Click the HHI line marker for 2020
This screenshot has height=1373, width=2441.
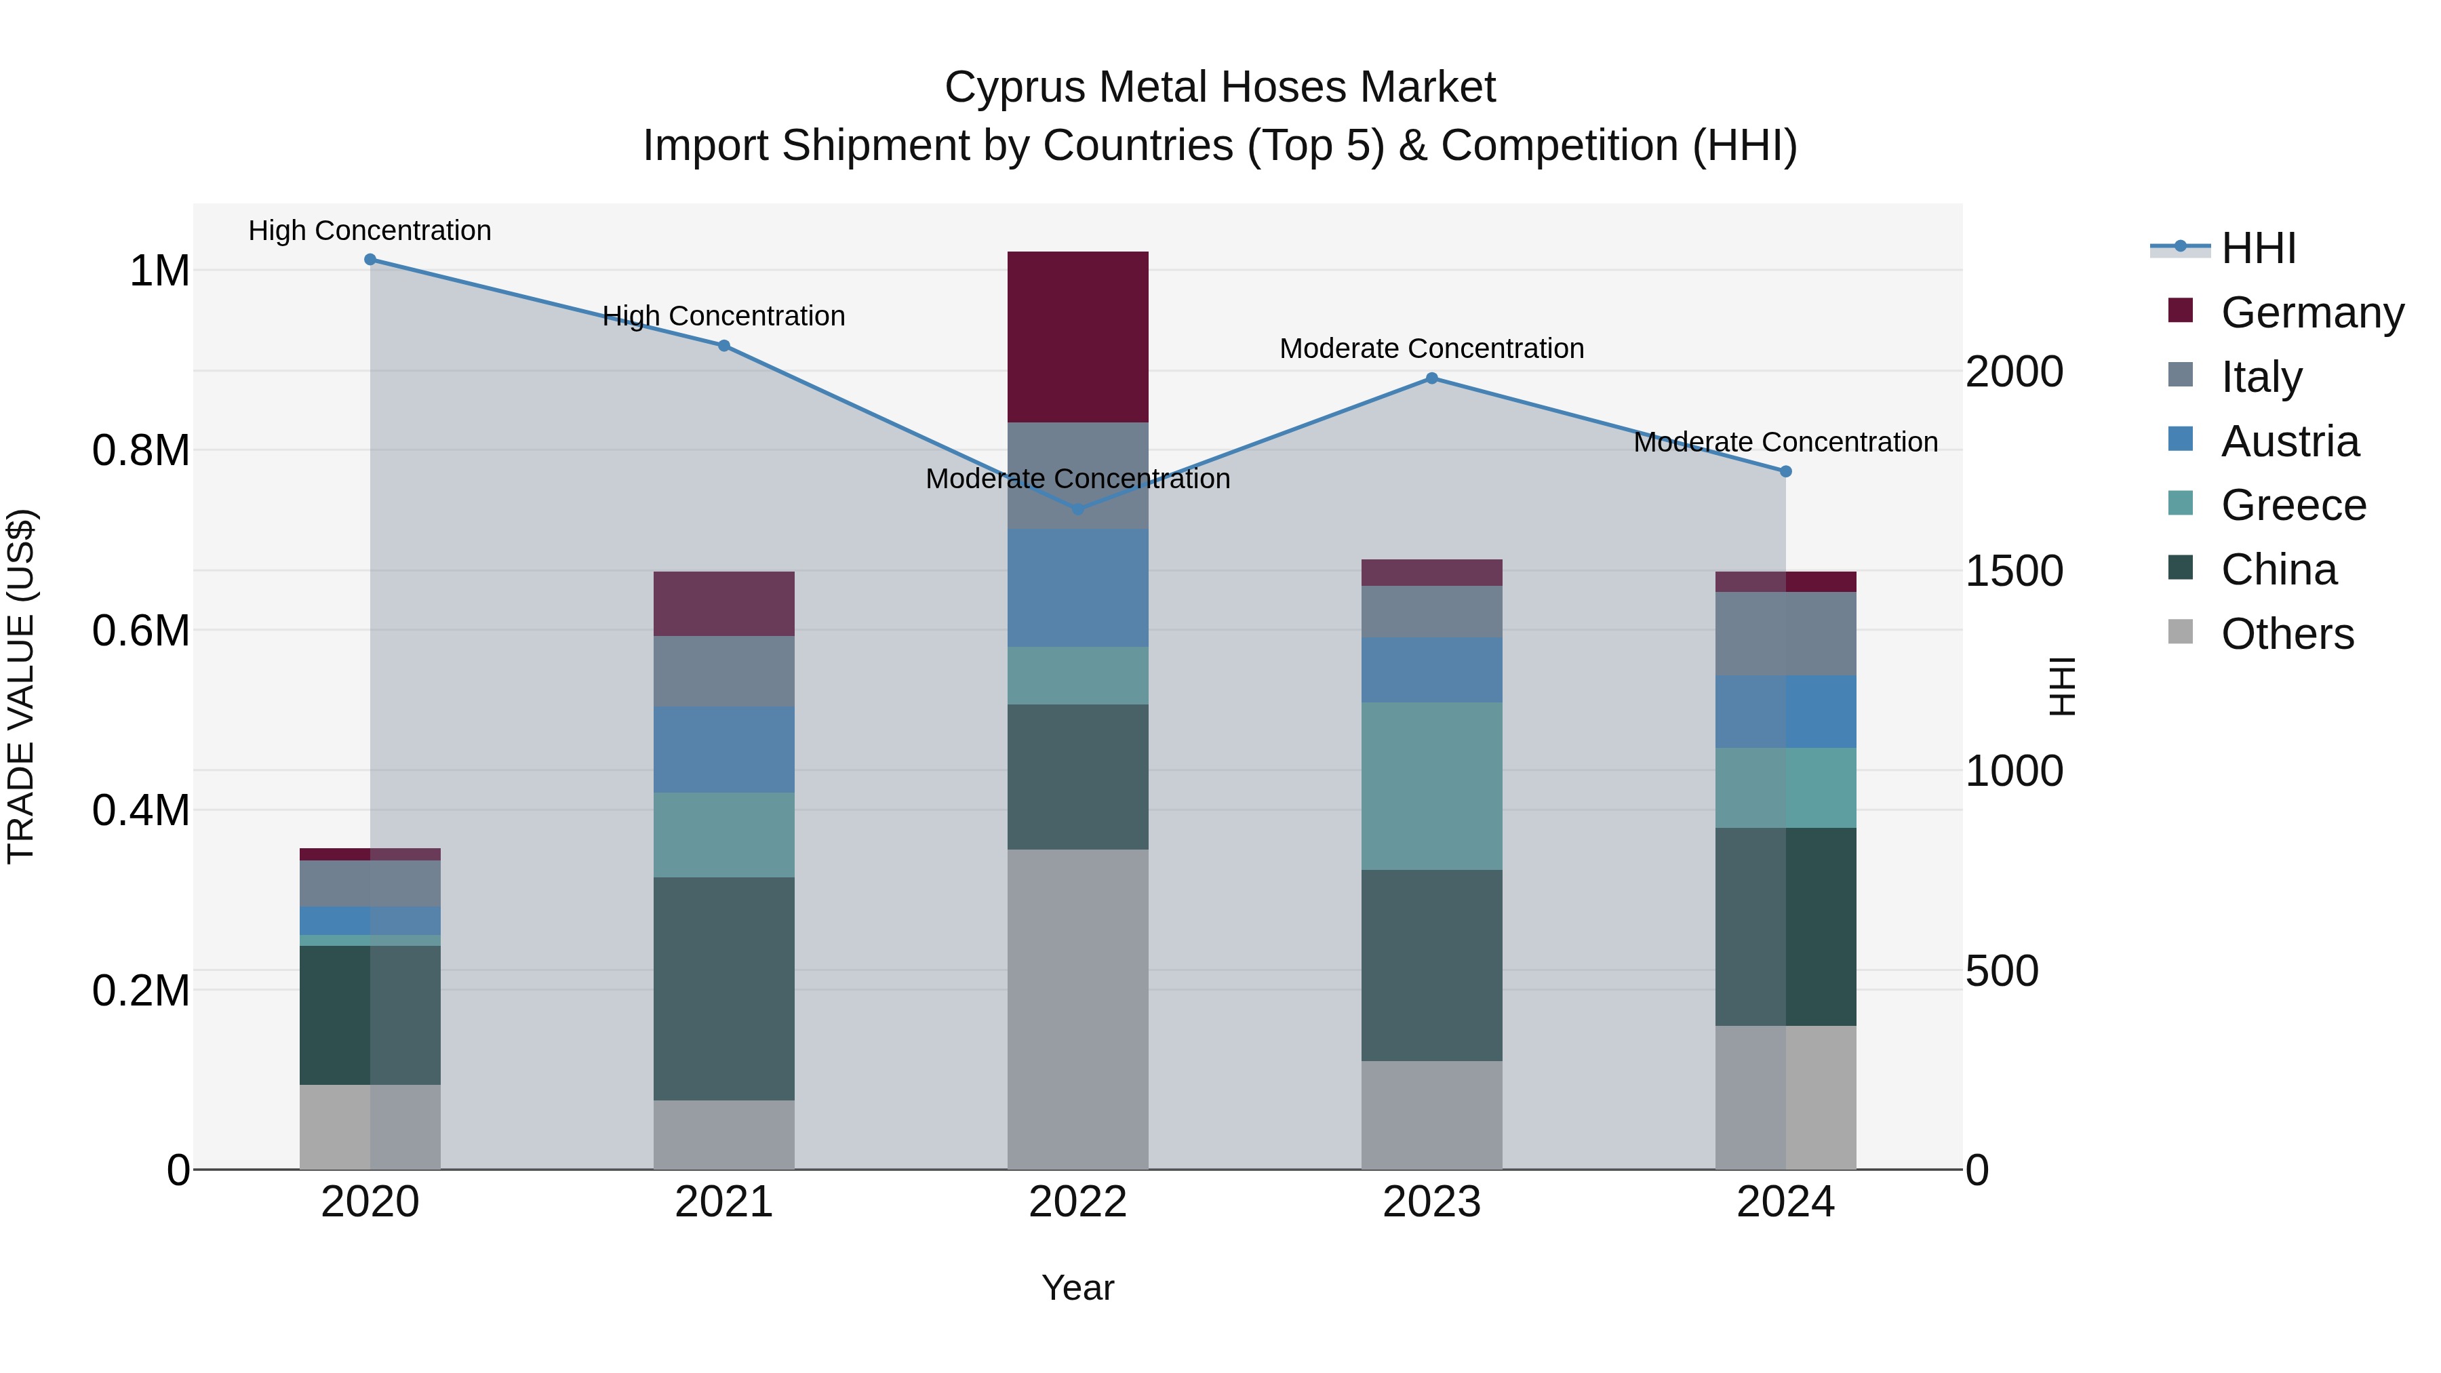(370, 260)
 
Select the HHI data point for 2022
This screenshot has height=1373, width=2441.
(1077, 509)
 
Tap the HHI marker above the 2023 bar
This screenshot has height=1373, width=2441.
(1432, 378)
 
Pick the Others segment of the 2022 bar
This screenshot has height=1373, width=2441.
(1077, 1008)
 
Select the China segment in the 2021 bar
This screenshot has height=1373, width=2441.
(724, 989)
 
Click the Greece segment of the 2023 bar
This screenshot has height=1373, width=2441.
(1432, 786)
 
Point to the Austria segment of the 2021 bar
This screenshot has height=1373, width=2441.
(724, 749)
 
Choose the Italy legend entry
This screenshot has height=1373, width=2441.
(2261, 377)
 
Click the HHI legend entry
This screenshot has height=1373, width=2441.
(2258, 248)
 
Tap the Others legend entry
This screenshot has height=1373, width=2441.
(2286, 634)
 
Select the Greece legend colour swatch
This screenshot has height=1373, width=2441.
(2181, 503)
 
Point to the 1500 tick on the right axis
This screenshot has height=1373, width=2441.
(2014, 572)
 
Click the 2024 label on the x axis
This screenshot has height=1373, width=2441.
(1785, 1202)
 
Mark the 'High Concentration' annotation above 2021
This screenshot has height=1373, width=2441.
(724, 315)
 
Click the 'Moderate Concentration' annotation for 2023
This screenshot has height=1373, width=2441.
(1432, 349)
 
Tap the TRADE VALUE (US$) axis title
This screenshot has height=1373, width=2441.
(21, 686)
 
